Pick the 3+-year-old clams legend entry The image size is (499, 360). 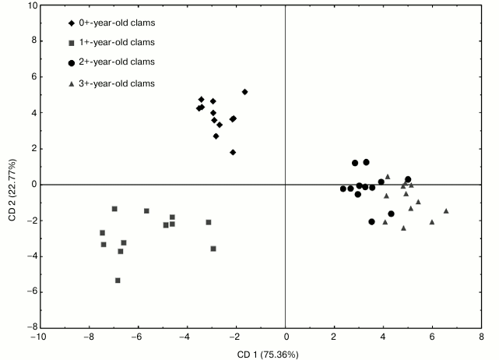click(117, 83)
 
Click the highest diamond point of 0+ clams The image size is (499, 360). click(244, 92)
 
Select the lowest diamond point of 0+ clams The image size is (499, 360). click(233, 152)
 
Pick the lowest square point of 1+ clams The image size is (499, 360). click(118, 281)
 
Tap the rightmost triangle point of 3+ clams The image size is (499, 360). click(446, 210)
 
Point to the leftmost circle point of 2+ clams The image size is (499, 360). click(343, 189)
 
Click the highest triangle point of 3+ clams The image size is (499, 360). click(388, 176)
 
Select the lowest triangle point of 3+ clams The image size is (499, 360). click(403, 228)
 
